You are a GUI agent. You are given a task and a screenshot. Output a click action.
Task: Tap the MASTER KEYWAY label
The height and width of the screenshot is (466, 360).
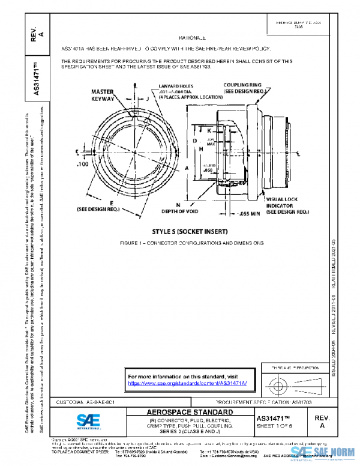coord(103,95)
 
